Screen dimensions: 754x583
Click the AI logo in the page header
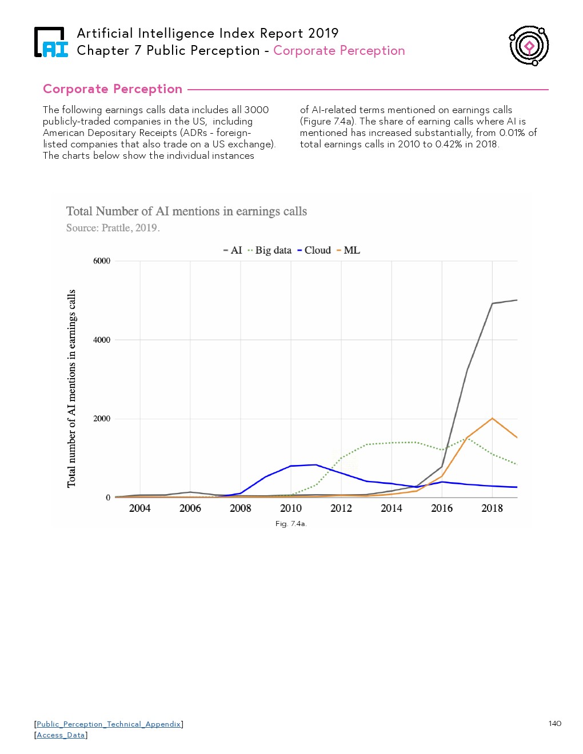tap(51, 42)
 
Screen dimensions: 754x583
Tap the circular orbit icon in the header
tap(529, 45)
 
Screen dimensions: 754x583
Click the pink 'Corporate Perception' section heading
tap(113, 89)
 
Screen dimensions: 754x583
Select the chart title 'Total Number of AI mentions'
tap(186, 211)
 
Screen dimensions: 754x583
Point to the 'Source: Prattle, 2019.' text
tap(113, 228)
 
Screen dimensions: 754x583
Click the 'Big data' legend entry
tap(270, 250)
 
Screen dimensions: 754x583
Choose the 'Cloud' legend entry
tap(314, 250)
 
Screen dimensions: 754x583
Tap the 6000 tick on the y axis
tap(102, 261)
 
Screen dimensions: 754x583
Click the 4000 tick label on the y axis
tap(102, 340)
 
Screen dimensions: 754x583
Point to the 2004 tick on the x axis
tap(140, 508)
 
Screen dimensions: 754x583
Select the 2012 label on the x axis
tap(341, 508)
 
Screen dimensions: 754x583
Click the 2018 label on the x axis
tap(492, 508)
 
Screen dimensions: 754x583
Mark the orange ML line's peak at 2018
tap(492, 418)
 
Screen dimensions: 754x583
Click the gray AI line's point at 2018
tap(492, 303)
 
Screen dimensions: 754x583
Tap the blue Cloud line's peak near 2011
tap(316, 464)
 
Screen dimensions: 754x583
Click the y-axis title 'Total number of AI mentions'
tap(71, 388)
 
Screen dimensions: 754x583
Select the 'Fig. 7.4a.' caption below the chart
tap(291, 524)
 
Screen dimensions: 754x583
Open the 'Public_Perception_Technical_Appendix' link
tap(109, 724)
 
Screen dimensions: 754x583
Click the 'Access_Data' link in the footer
tap(61, 735)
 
